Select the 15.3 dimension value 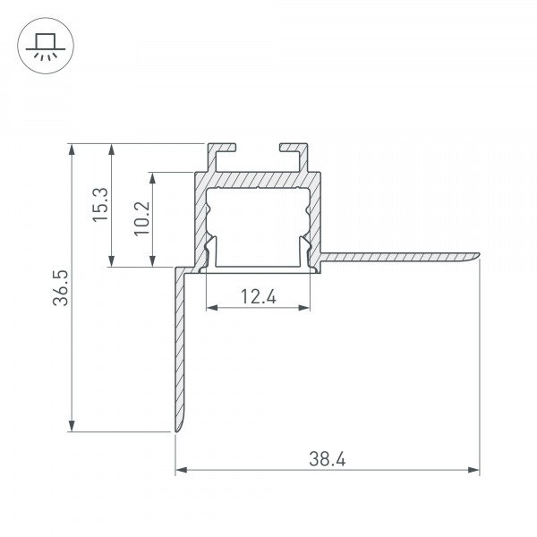click(x=100, y=205)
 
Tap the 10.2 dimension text click(x=142, y=219)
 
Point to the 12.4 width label click(x=259, y=296)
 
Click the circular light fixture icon click(x=42, y=44)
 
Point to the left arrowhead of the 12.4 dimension click(x=212, y=307)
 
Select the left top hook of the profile click(x=222, y=148)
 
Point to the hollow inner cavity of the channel click(x=259, y=224)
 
